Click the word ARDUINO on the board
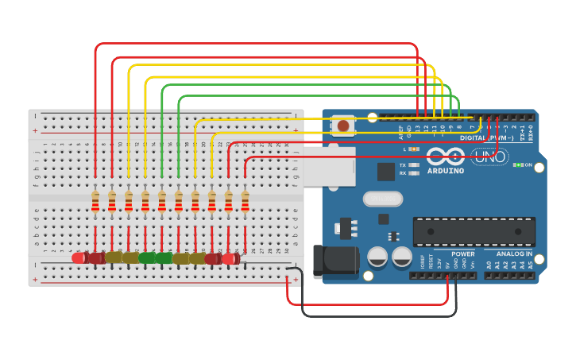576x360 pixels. coord(446,170)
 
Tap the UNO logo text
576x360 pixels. coord(490,157)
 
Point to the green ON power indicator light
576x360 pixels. coord(517,165)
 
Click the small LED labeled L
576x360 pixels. coord(414,149)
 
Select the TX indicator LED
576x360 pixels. coord(414,165)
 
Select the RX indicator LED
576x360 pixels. coord(414,172)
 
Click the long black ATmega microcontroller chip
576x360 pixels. coord(474,231)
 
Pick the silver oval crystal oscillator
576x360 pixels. coord(384,199)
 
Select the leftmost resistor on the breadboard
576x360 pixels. coord(95,202)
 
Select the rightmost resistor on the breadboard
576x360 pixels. coord(245,202)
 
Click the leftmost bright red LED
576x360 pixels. coord(79,257)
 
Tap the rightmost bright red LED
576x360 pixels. coord(230,258)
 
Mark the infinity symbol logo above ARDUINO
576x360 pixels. coord(445,156)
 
